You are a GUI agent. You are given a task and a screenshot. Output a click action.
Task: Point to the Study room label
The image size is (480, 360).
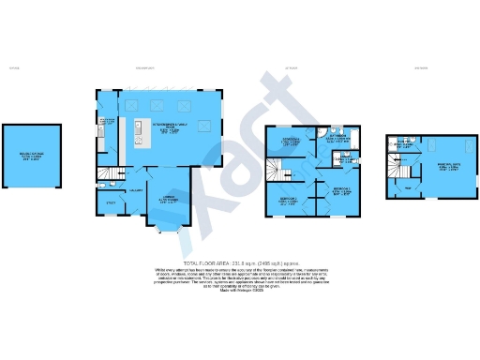(109, 202)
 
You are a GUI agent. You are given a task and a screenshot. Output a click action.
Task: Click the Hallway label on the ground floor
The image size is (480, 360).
(134, 188)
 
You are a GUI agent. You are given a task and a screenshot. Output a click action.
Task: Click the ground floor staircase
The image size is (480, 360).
(111, 173)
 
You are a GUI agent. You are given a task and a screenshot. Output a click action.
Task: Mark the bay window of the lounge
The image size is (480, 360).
(166, 223)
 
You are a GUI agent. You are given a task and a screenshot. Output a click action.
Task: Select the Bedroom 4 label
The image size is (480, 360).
(291, 142)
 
